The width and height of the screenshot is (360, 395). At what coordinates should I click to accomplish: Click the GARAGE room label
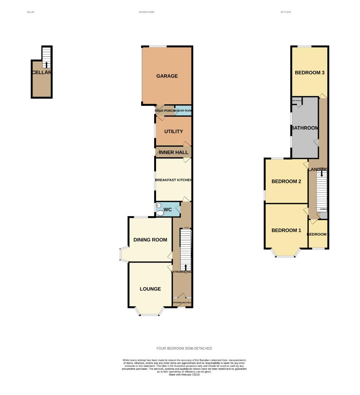pos(167,76)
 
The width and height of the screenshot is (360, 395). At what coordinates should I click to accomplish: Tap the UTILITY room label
pos(173,131)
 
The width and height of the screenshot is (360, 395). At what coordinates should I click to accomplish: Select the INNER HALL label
pos(174,152)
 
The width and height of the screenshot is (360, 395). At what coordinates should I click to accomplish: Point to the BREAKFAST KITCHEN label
pos(173,180)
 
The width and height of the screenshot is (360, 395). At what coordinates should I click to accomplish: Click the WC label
pos(167,210)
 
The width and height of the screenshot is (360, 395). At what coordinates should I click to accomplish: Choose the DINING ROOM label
pos(150,240)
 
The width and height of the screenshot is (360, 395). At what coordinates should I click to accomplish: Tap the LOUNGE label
pos(150,289)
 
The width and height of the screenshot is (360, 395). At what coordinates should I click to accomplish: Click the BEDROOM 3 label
pos(310,72)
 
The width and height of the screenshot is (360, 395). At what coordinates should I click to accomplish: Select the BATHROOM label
pos(304,128)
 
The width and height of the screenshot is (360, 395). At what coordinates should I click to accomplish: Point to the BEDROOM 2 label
pos(286,181)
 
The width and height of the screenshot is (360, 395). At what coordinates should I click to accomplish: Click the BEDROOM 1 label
pos(286,230)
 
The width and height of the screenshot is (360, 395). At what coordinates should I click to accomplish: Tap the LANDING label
pos(318,169)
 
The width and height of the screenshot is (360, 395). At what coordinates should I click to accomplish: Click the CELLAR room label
pos(41,72)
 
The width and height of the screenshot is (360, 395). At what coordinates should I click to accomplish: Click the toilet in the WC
pos(160,213)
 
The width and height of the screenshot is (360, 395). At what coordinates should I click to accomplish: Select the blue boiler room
pos(183,110)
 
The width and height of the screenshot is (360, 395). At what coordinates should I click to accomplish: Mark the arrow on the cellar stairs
pos(46,65)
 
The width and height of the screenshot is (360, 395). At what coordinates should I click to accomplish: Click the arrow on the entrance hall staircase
pos(186,267)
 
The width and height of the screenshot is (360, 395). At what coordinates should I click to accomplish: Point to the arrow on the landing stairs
pos(322,174)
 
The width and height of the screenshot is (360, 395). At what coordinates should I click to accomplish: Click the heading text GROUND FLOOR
pos(146,12)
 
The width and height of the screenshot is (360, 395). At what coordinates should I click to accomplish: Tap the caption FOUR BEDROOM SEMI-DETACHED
pos(184,348)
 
